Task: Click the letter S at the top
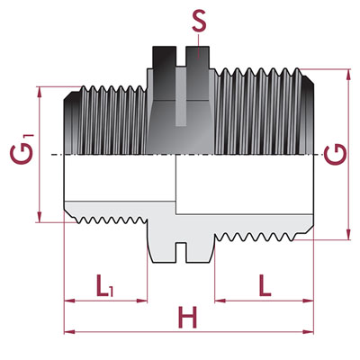pyautogui.click(x=199, y=21)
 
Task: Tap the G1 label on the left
pyautogui.click(x=23, y=149)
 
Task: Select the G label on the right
pyautogui.click(x=336, y=154)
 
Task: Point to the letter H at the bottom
pyautogui.click(x=187, y=317)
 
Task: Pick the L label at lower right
pyautogui.click(x=265, y=285)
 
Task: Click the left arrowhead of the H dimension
pyautogui.click(x=69, y=332)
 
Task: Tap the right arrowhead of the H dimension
pyautogui.click(x=308, y=332)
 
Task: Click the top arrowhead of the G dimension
pyautogui.click(x=348, y=75)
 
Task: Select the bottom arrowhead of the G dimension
pyautogui.click(x=348, y=234)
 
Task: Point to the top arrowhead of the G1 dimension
pyautogui.click(x=39, y=93)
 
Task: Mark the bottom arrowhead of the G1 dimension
pyautogui.click(x=39, y=217)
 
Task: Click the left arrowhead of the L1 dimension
pyautogui.click(x=70, y=301)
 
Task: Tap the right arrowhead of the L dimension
pyautogui.click(x=308, y=301)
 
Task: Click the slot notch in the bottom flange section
pyautogui.click(x=181, y=253)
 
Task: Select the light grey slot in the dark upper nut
pyautogui.click(x=181, y=96)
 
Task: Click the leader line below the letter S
pyautogui.click(x=199, y=45)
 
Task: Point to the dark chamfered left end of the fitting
pyautogui.click(x=71, y=123)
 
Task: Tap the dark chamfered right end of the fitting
pyautogui.click(x=307, y=115)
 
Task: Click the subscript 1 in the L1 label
pyautogui.click(x=112, y=292)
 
